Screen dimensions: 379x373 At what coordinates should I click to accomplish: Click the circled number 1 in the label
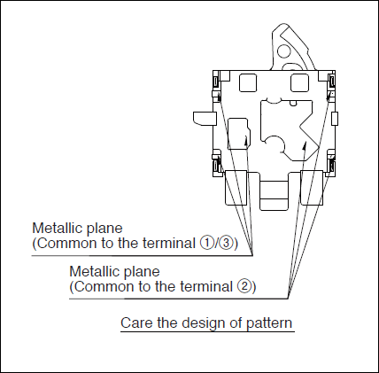[206, 244]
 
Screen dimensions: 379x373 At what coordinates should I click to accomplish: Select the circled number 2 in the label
[244, 287]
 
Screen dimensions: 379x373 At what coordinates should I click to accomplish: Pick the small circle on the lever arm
[284, 51]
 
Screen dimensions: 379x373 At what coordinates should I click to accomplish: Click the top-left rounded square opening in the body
[248, 83]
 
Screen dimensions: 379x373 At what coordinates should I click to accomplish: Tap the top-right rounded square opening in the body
[299, 83]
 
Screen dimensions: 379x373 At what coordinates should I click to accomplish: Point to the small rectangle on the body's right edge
[335, 119]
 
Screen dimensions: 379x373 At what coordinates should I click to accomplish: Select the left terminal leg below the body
[236, 188]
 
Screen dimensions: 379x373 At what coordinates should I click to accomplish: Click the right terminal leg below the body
[312, 188]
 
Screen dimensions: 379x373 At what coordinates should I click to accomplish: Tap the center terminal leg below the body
[274, 192]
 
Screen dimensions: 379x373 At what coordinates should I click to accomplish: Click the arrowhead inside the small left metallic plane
[246, 140]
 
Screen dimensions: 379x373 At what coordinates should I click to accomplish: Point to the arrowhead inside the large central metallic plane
[305, 145]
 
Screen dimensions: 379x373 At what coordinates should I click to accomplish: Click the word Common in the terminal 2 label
[97, 287]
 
